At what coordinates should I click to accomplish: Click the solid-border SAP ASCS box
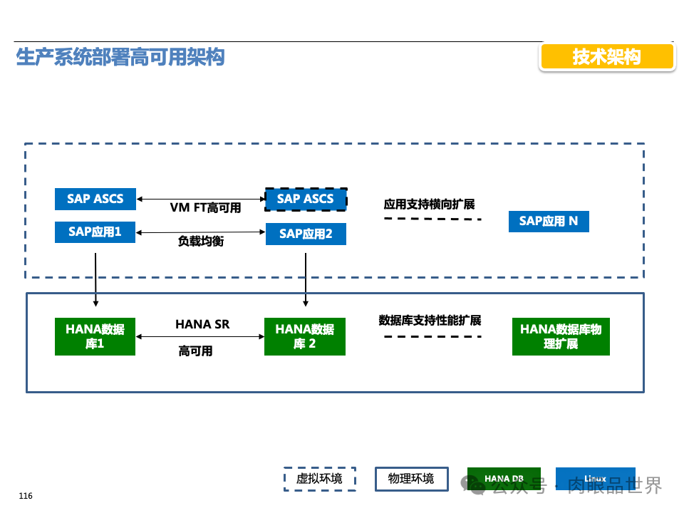(95, 199)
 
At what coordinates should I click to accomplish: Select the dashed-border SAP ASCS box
(306, 199)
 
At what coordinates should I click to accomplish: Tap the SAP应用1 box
(95, 232)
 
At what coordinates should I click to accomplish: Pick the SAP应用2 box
(306, 234)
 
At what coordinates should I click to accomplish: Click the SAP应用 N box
(549, 222)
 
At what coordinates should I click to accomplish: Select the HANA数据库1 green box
(95, 336)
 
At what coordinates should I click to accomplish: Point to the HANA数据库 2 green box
(305, 336)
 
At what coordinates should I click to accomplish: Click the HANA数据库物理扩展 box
(561, 336)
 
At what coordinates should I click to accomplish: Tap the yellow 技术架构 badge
(607, 57)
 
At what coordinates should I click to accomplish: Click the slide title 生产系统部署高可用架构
(120, 58)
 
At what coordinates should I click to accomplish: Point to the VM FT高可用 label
(205, 208)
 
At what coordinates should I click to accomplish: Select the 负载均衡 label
(201, 242)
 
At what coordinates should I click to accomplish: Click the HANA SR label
(202, 324)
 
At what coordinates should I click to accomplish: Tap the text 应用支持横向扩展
(429, 204)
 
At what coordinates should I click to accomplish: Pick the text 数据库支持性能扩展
(430, 320)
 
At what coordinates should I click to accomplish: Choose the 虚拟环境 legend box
(319, 479)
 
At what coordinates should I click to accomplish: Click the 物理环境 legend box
(411, 479)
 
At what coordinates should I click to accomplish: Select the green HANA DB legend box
(504, 479)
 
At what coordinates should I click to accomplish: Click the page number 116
(26, 496)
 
